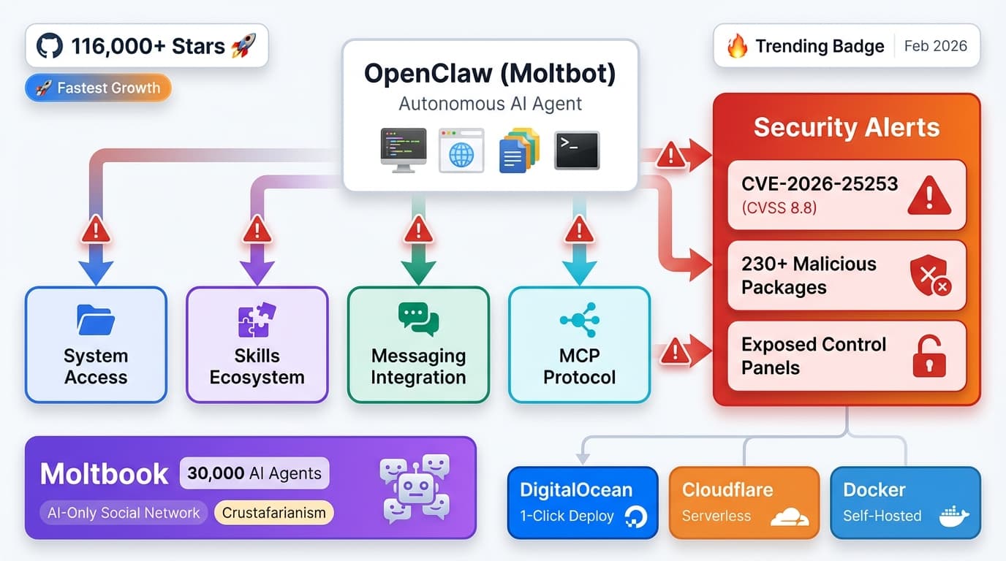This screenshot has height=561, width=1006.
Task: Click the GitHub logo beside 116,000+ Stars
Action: click(50, 47)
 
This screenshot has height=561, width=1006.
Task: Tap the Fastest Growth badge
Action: click(98, 88)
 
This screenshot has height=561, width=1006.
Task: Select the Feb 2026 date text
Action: click(935, 46)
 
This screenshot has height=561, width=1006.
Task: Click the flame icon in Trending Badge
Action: click(737, 47)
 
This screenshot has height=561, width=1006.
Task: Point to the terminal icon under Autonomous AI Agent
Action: click(576, 150)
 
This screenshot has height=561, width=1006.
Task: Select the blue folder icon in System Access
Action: click(96, 320)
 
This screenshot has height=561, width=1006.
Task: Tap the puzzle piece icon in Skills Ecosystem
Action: click(257, 320)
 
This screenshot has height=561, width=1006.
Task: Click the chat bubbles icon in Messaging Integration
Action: click(418, 319)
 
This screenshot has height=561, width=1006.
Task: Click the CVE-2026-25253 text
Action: click(820, 183)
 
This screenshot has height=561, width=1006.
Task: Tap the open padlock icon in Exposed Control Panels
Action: click(929, 356)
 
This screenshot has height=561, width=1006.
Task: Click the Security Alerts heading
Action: click(846, 127)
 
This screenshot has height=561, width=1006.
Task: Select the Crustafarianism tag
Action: click(274, 512)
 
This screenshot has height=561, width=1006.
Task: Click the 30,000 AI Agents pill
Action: click(254, 473)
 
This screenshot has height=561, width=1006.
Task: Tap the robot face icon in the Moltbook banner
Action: click(415, 487)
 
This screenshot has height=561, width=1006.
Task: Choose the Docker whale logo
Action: click(953, 516)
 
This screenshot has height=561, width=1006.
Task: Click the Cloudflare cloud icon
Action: click(790, 517)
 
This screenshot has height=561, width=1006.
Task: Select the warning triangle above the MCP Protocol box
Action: click(579, 231)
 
